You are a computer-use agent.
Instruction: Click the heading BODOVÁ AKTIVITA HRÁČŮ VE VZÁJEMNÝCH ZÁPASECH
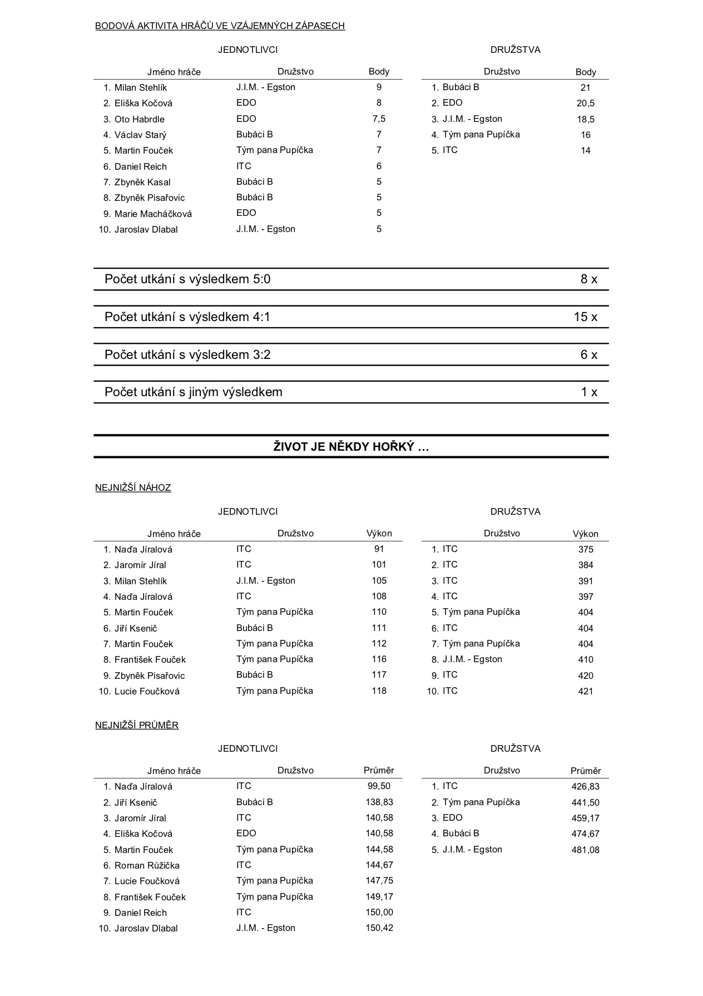tap(220, 26)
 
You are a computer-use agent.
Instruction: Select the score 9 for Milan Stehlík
tap(379, 87)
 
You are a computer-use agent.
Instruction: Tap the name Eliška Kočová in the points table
tap(143, 103)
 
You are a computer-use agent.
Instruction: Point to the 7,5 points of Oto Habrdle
tap(379, 119)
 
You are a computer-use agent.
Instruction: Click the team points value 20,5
tap(585, 103)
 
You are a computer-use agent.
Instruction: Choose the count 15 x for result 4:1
tap(585, 317)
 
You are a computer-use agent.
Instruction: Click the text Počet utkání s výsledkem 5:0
tap(187, 279)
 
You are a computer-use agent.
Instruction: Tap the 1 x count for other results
tap(589, 392)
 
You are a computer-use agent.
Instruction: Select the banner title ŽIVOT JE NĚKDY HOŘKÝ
tap(351, 447)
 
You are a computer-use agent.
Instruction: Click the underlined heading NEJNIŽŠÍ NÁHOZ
tap(133, 488)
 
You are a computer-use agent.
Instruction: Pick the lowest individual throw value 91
tap(379, 549)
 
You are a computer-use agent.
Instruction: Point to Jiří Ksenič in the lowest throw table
tap(136, 628)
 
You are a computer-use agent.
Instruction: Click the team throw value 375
tap(586, 550)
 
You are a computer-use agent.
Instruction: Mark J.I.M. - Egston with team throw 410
tap(472, 659)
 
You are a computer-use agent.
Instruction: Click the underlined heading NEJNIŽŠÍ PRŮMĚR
tap(137, 726)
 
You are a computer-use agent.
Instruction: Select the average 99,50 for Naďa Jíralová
tap(379, 786)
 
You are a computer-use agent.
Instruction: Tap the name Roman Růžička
tap(147, 865)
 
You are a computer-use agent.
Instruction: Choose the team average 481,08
tap(585, 850)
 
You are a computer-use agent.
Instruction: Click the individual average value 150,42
tap(379, 928)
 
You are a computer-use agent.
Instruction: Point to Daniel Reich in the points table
tap(140, 166)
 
